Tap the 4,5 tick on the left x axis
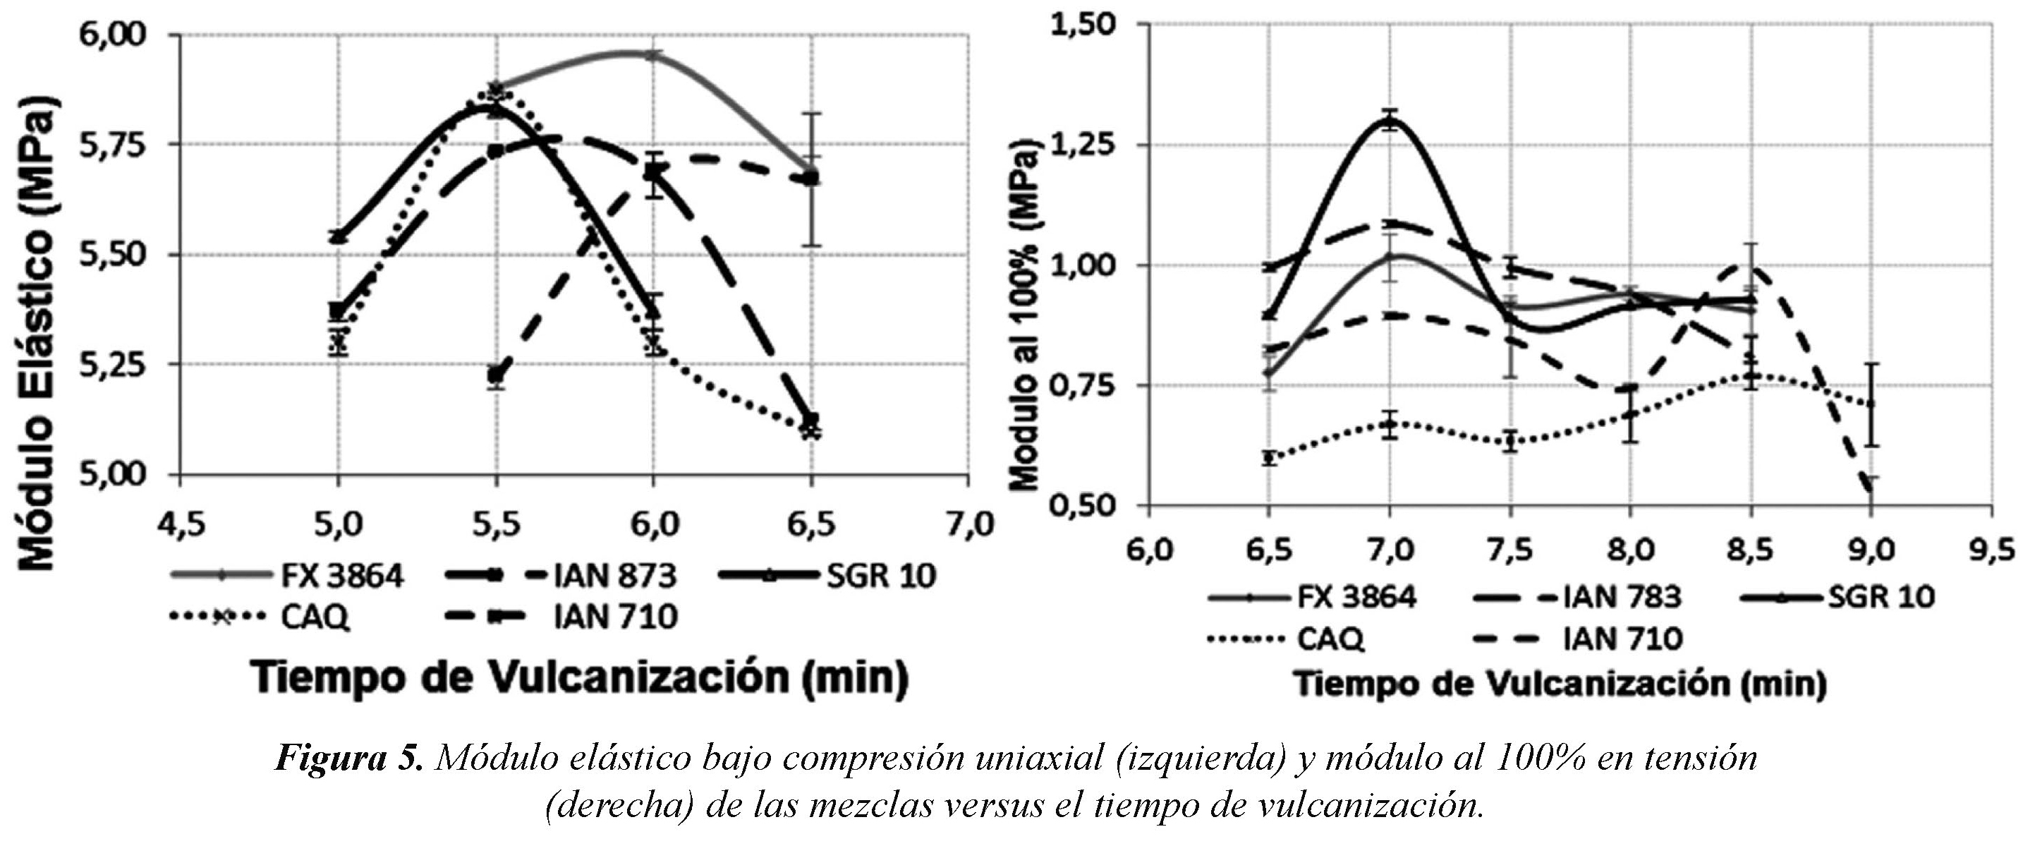[181, 524]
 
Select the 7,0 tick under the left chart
[968, 524]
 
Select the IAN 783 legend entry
[1622, 598]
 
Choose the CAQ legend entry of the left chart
[314, 617]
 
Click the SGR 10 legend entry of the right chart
[1881, 598]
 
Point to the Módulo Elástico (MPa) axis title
[39, 334]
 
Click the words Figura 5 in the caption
[349, 759]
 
